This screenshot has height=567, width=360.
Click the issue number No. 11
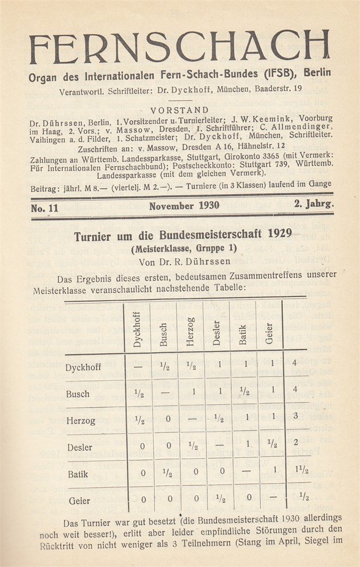coord(45,207)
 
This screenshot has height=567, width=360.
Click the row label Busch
coord(77,393)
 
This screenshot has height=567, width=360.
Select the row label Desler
coord(79,447)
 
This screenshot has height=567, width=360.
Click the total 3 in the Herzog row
coord(295,416)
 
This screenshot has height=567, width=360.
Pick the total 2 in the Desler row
coord(295,442)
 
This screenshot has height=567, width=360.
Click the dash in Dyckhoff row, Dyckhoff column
coord(138,366)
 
